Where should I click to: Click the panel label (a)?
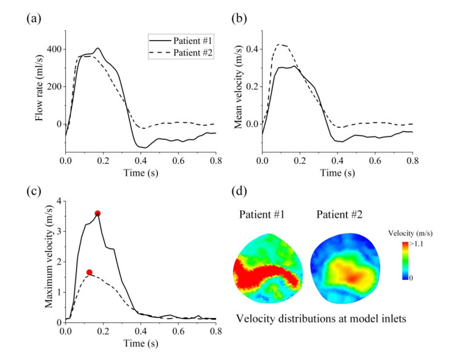pos(33,18)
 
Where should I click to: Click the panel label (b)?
pos(240,18)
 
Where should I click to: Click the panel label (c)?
pos(33,189)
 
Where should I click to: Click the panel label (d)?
pos(240,189)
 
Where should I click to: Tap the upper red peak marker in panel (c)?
pos(97,214)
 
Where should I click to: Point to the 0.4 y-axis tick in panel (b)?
pos(251,49)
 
